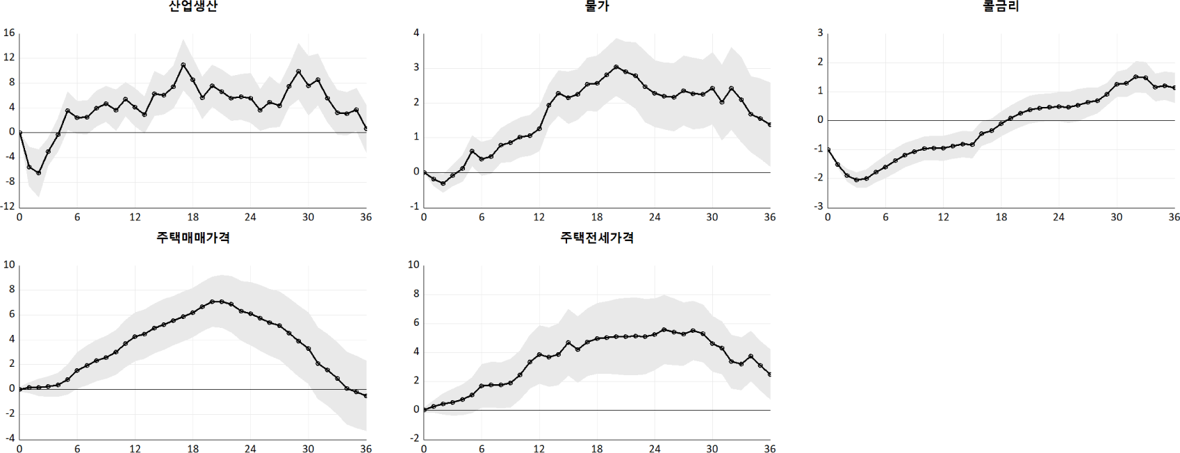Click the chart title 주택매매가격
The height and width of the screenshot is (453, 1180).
click(x=192, y=238)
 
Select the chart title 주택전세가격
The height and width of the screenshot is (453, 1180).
click(x=597, y=238)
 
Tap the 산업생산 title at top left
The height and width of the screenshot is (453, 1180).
click(x=192, y=6)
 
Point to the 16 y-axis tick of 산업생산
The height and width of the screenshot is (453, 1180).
click(x=9, y=33)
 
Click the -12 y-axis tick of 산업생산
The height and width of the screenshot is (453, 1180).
click(x=8, y=206)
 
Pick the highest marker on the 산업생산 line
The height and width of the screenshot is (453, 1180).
click(x=183, y=65)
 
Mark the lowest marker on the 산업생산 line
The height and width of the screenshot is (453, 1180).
click(x=39, y=173)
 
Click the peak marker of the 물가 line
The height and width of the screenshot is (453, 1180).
click(x=616, y=67)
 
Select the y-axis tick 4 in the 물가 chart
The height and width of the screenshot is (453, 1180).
click(x=416, y=33)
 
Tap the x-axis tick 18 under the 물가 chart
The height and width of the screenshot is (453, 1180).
click(x=597, y=217)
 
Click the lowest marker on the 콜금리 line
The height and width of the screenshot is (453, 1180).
click(x=857, y=180)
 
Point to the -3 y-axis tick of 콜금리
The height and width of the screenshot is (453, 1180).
click(x=820, y=206)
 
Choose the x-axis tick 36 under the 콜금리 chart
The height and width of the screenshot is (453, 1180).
click(x=1174, y=217)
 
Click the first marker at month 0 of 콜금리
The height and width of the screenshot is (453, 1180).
click(x=828, y=150)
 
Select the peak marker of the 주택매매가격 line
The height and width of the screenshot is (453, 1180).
click(x=213, y=302)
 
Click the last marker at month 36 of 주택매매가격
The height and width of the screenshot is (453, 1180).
click(x=366, y=396)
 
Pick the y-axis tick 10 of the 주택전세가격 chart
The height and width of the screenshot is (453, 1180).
click(x=413, y=265)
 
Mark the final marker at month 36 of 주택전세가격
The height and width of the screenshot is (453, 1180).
click(x=770, y=374)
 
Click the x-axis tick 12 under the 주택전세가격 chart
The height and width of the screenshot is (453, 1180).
click(x=539, y=449)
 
